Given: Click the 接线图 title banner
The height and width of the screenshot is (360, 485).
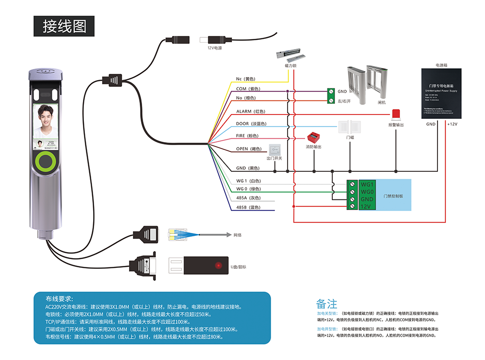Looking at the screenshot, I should coord(64,26).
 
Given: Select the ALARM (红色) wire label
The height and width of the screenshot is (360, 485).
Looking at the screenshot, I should coord(250,111).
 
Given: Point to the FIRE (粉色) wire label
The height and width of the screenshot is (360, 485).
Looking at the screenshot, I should coord(247,136).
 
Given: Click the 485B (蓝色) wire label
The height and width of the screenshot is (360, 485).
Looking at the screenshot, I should coord(248,207).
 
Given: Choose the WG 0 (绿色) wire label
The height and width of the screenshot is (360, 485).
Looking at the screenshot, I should coord(248,189).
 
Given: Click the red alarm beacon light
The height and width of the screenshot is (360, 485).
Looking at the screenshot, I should coord(396,114).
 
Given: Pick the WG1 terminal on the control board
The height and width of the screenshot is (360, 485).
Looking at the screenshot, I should coord(367,184).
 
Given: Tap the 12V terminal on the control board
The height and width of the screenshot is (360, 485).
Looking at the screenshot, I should coord(366,207).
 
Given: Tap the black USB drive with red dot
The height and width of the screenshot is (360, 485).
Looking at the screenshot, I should coord(199,266).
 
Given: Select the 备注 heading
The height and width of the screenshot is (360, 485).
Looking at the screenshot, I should coord(326,304).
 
